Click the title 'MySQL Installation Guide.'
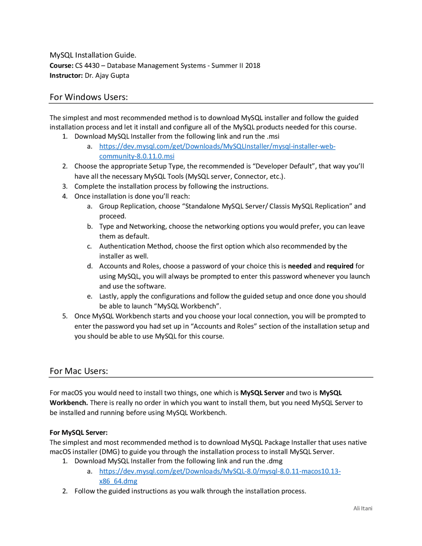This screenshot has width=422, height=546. pos(93,55)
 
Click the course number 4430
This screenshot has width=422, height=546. pos(92,66)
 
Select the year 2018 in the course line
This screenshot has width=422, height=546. pos(253,66)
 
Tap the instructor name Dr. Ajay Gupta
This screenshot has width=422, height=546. pos(107,76)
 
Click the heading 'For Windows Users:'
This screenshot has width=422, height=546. pos(89,97)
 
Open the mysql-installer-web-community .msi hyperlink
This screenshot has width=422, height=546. pos(217,146)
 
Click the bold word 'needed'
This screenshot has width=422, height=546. pos(299,266)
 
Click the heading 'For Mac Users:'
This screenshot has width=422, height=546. pos(79,371)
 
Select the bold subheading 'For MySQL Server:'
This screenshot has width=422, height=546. pos(78,432)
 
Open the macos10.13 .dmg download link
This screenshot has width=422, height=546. pos(220,471)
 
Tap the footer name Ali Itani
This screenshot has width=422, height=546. pos(363,508)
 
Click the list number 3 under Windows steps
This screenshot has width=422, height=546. pos(65,187)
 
